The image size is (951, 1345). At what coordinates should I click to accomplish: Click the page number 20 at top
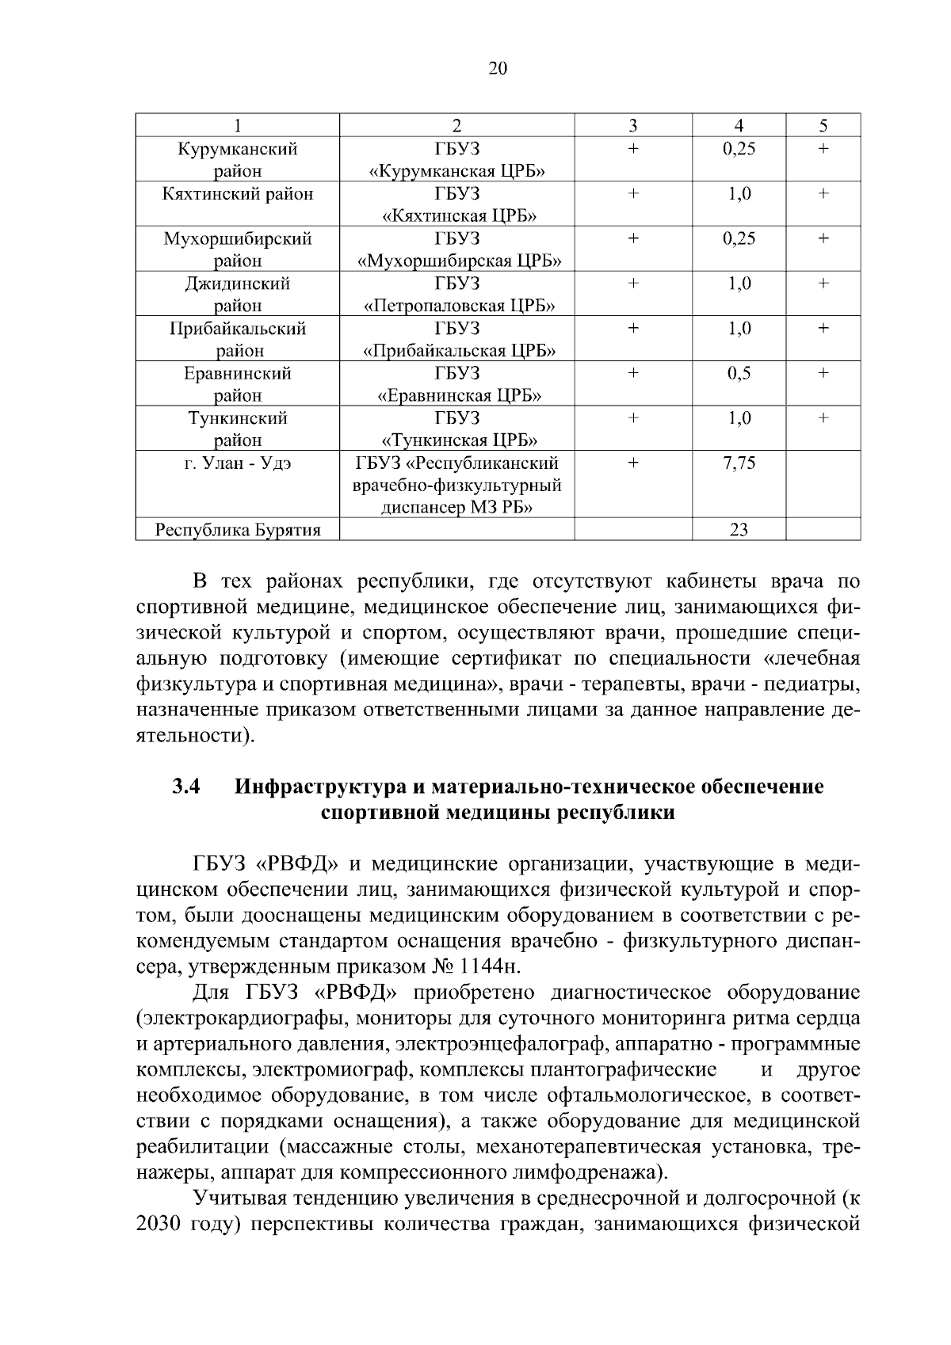click(497, 68)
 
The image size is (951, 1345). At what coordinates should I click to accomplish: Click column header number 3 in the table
click(632, 125)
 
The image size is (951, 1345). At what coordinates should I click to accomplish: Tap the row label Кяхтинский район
click(238, 194)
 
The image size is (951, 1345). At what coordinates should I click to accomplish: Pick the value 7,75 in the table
click(739, 463)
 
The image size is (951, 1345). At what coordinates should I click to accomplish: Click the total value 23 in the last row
click(739, 530)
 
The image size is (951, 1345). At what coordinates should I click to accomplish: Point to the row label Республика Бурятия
click(238, 530)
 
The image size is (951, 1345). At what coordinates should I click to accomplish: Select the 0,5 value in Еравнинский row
click(739, 373)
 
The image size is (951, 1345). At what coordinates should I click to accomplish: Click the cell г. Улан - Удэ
click(238, 463)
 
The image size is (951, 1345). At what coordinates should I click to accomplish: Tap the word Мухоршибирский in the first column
click(238, 238)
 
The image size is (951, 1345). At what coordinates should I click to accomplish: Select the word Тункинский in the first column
click(238, 418)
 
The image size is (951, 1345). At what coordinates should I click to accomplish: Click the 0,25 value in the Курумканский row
click(739, 149)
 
